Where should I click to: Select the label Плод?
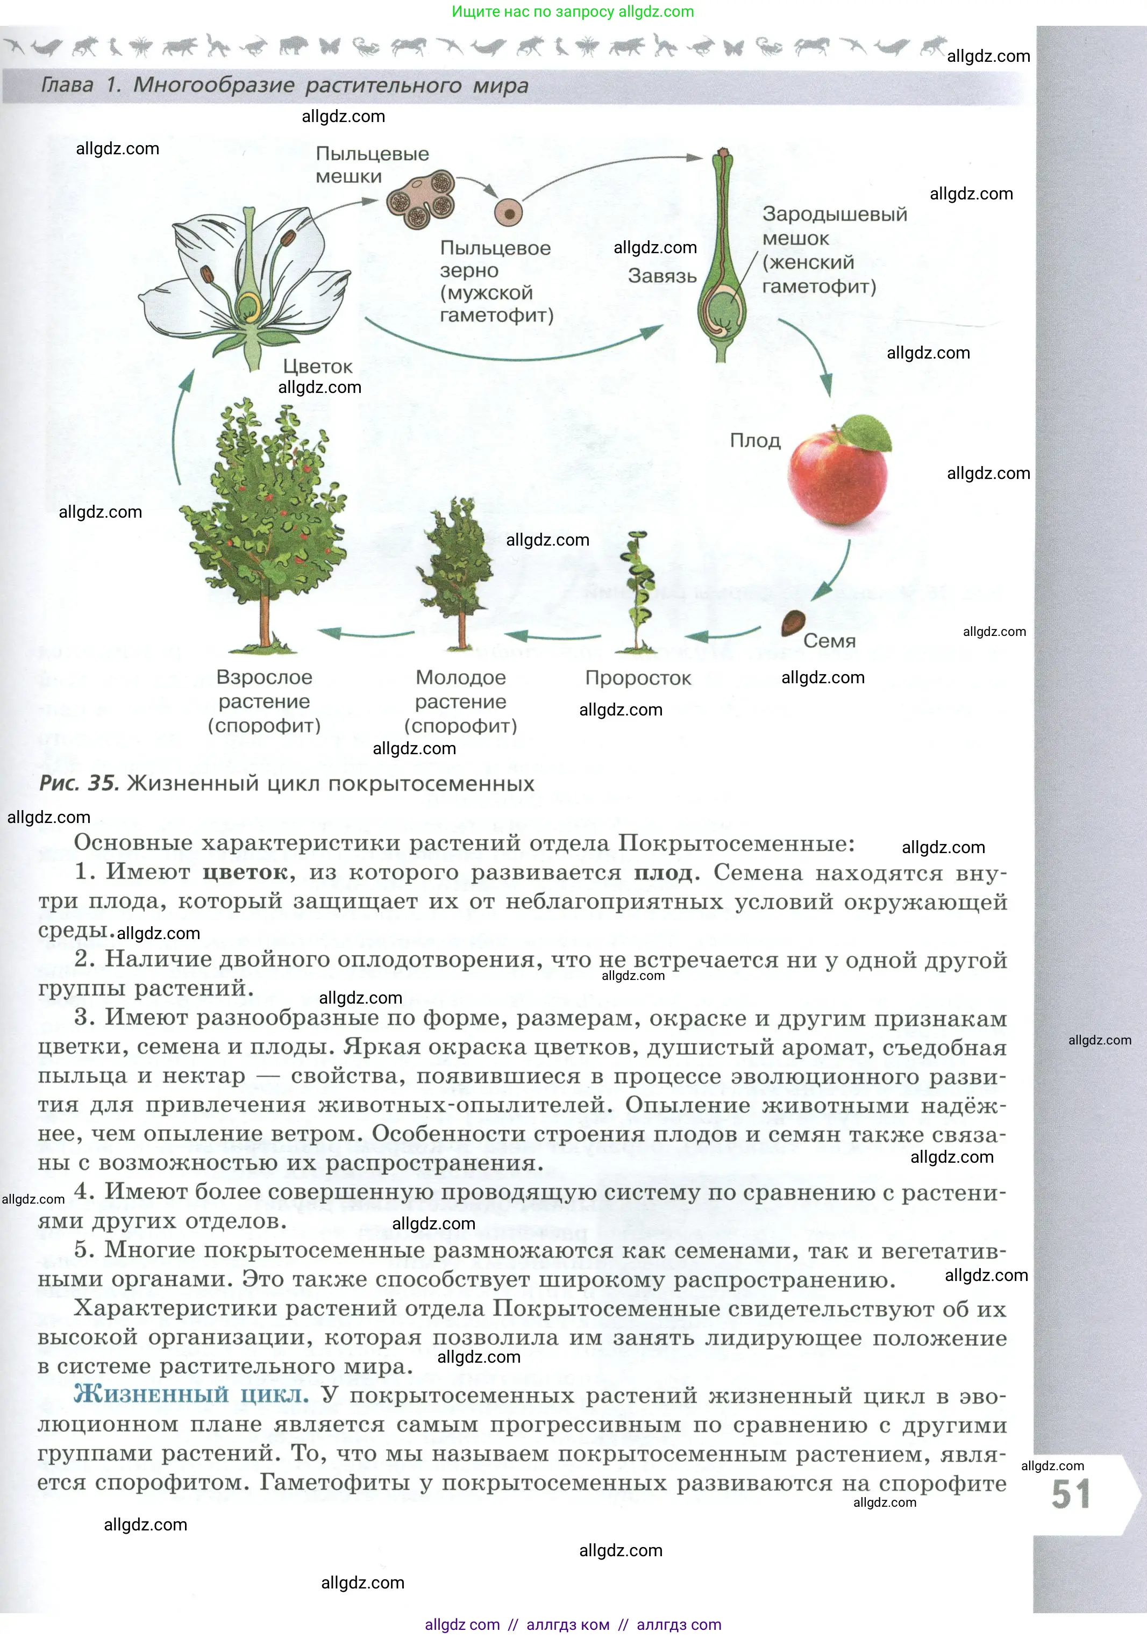pyautogui.click(x=755, y=440)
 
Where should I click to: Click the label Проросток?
pyautogui.click(x=638, y=677)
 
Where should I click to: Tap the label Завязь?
pyautogui.click(x=662, y=276)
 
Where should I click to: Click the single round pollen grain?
pyautogui.click(x=509, y=212)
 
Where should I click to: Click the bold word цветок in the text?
pyautogui.click(x=245, y=872)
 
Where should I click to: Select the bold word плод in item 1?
pyautogui.click(x=663, y=872)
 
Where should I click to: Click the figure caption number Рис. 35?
pyautogui.click(x=79, y=783)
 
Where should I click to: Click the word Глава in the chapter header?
pyautogui.click(x=67, y=85)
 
